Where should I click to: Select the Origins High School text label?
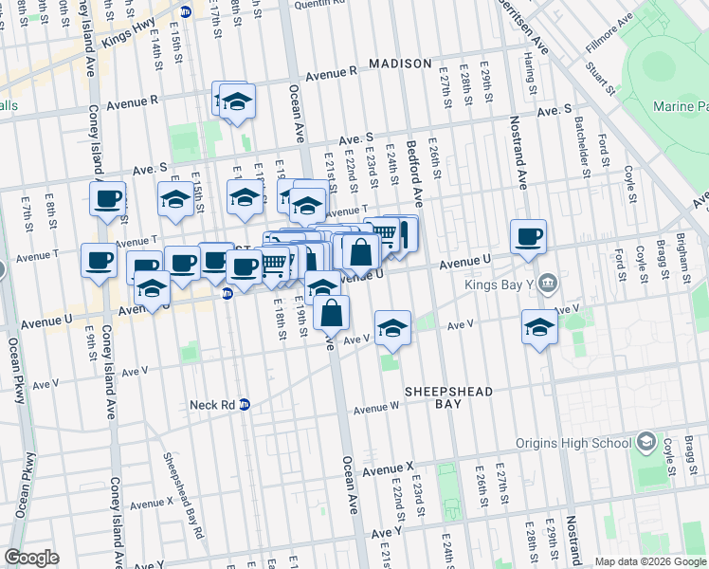pos(573,443)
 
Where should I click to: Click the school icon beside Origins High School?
pos(645,442)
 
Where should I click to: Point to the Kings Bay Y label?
pos(499,283)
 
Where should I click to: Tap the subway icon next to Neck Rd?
pos(245,404)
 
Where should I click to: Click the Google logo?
pos(31,558)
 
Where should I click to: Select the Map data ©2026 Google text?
pos(649,561)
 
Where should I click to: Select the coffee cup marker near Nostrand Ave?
pos(528,237)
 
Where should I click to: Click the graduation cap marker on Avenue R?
pos(237,101)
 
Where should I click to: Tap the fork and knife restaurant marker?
pos(403,233)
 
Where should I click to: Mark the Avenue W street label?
pos(376,409)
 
